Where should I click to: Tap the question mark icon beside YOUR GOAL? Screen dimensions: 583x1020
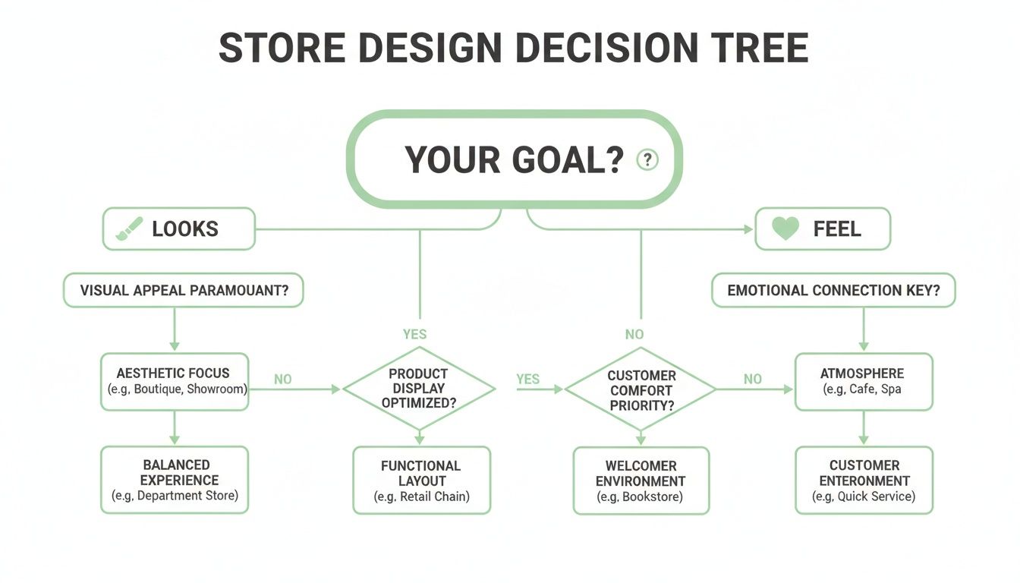pyautogui.click(x=647, y=160)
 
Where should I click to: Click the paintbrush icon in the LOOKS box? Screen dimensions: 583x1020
pyautogui.click(x=128, y=229)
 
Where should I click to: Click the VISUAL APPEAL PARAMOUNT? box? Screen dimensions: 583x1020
pyautogui.click(x=183, y=291)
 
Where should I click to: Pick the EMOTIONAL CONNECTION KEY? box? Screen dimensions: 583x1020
pyautogui.click(x=833, y=291)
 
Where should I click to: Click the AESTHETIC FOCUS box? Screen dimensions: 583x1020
pyautogui.click(x=174, y=381)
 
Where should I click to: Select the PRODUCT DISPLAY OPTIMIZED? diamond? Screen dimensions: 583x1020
pyautogui.click(x=418, y=389)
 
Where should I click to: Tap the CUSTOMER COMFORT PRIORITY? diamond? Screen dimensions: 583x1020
pyautogui.click(x=641, y=390)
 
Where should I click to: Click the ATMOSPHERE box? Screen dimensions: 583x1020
pyautogui.click(x=863, y=381)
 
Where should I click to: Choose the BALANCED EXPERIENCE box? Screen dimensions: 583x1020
pyautogui.click(x=174, y=480)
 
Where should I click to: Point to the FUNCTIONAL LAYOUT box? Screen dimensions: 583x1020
pyautogui.click(x=421, y=481)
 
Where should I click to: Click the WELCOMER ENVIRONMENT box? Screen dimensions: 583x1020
pyautogui.click(x=641, y=481)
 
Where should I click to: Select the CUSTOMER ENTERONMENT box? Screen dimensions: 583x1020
pyautogui.click(x=864, y=481)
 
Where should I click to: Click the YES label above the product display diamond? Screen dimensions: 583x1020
pyautogui.click(x=414, y=334)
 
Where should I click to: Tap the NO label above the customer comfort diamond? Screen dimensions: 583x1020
pyautogui.click(x=634, y=334)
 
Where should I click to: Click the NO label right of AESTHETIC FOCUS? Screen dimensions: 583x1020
pyautogui.click(x=282, y=379)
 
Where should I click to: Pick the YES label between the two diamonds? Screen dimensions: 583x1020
pyautogui.click(x=528, y=379)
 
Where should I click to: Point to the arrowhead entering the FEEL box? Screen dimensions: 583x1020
pyautogui.click(x=749, y=228)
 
